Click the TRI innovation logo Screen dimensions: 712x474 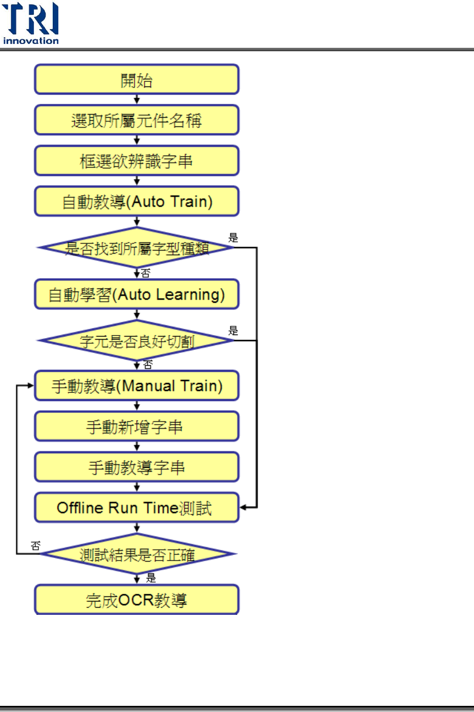[x=31, y=24]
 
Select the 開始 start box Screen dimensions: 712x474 [x=137, y=80]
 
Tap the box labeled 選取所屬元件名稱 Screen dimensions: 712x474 [x=137, y=120]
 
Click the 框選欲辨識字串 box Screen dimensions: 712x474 [x=137, y=161]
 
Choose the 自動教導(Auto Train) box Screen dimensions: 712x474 [x=137, y=202]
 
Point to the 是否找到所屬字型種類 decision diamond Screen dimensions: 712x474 [x=137, y=248]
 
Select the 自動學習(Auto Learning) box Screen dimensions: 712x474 [x=137, y=294]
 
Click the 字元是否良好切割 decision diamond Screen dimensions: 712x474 [x=137, y=341]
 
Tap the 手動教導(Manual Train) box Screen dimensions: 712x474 [x=137, y=386]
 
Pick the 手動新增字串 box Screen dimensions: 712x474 [x=137, y=427]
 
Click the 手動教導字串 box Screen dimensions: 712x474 [x=137, y=467]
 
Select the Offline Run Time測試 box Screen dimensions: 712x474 [x=137, y=507]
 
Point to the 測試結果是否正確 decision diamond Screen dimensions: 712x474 [x=137, y=554]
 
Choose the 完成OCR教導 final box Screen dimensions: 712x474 [x=137, y=600]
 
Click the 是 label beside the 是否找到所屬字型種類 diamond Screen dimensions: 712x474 [x=233, y=237]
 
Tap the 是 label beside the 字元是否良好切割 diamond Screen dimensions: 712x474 [x=233, y=330]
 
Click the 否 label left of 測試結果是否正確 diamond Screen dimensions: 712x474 [x=35, y=546]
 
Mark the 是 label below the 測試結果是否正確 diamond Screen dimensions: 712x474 [x=151, y=578]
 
